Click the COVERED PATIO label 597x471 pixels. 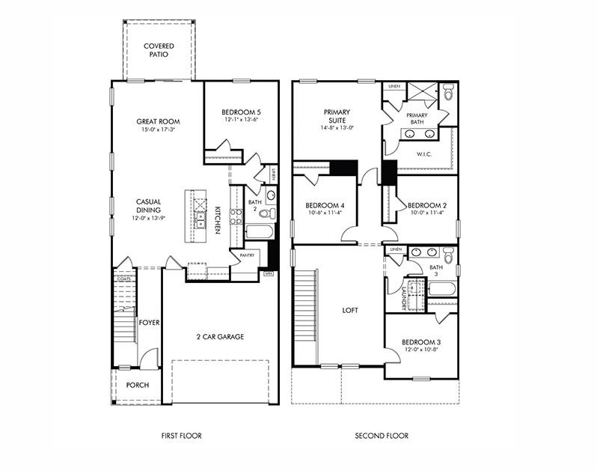158,50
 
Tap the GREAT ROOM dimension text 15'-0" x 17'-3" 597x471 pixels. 158,130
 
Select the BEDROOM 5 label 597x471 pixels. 241,112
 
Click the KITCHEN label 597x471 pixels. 218,219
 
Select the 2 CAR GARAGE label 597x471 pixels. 220,337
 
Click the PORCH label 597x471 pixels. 137,385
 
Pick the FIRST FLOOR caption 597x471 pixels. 181,435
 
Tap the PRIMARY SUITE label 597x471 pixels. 337,116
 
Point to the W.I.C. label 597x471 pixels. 424,154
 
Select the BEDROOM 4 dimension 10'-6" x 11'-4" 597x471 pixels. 325,213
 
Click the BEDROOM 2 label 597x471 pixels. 426,204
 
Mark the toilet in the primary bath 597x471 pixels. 448,94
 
